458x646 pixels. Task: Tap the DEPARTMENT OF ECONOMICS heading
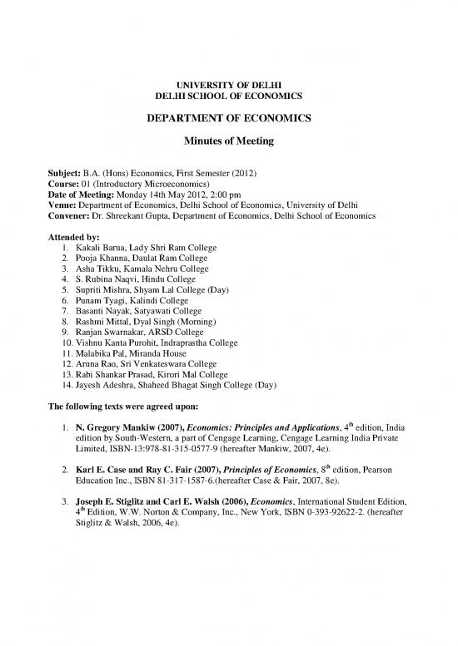pyautogui.click(x=228, y=119)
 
